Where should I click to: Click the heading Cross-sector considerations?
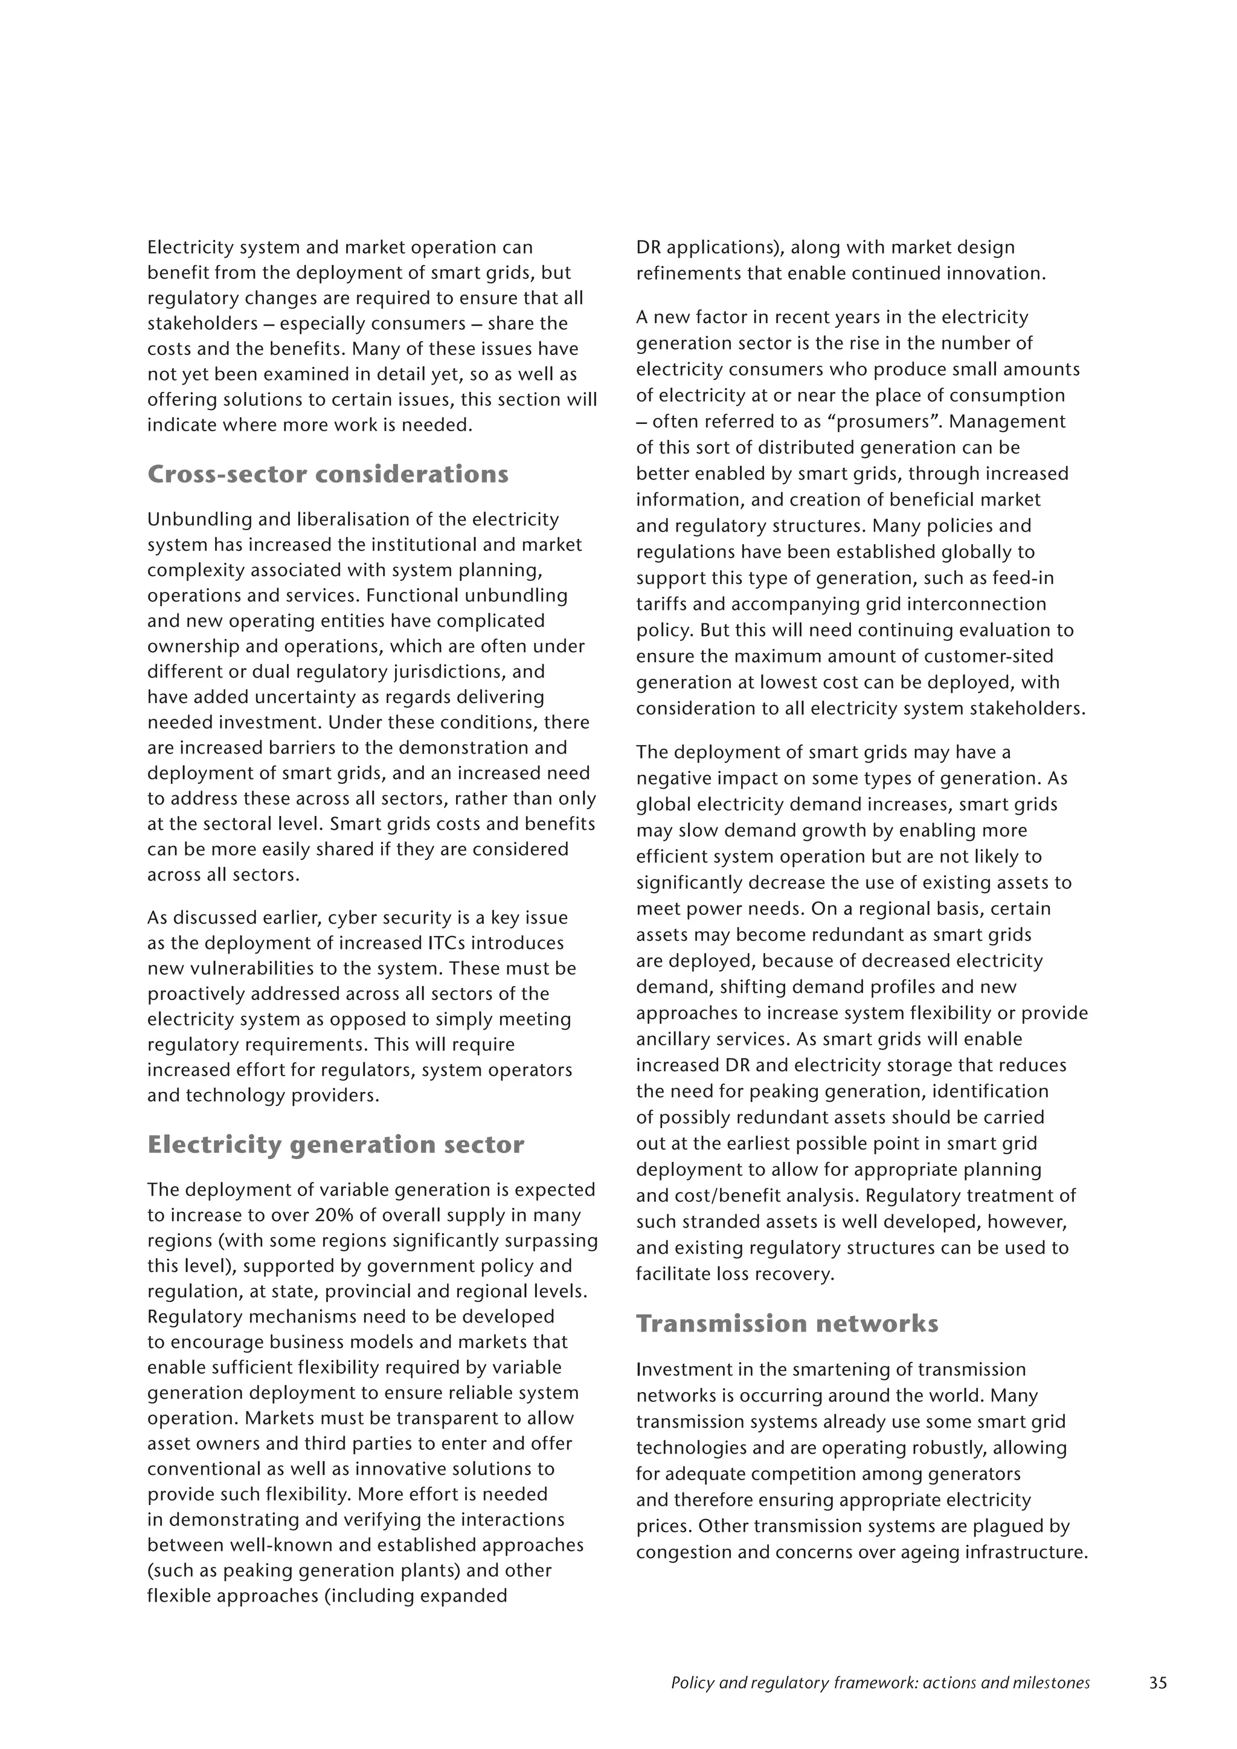pyautogui.click(x=327, y=475)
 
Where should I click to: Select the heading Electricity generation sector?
pyautogui.click(x=335, y=1145)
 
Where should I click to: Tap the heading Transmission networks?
pyautogui.click(x=787, y=1324)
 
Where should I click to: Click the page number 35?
pyautogui.click(x=1157, y=1683)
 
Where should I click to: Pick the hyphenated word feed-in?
pyautogui.click(x=1024, y=578)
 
